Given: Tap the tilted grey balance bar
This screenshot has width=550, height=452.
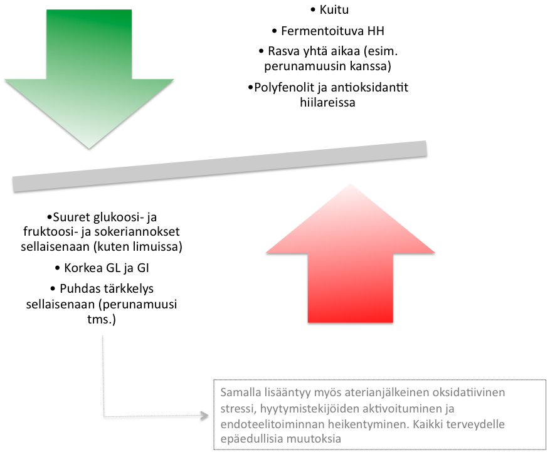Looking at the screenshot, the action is pyautogui.click(x=219, y=166).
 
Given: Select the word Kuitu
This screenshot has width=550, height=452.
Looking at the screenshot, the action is pyautogui.click(x=334, y=10).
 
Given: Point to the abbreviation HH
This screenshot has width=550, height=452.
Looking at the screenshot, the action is pyautogui.click(x=376, y=31).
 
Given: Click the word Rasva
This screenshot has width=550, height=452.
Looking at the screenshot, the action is pyautogui.click(x=282, y=51).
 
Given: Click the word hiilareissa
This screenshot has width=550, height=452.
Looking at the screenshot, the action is pyautogui.click(x=327, y=102).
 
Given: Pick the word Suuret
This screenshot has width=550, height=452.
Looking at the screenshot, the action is pyautogui.click(x=71, y=218).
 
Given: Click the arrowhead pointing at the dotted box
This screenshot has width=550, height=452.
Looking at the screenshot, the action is pyautogui.click(x=204, y=416).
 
